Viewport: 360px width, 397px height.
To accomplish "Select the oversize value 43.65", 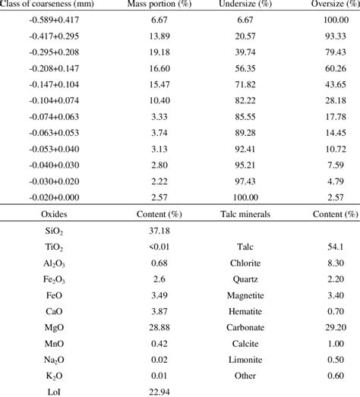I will tap(333, 91).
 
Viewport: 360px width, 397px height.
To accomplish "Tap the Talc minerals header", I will tap(248, 215).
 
